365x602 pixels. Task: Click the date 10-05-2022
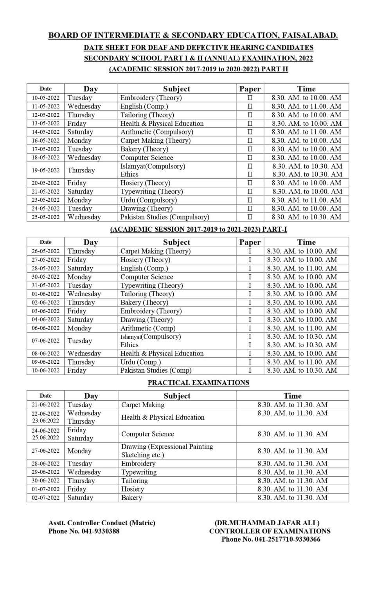[46, 98]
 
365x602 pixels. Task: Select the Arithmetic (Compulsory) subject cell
[156, 132]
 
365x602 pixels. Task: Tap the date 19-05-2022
[46, 170]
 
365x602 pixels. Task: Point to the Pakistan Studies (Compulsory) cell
[165, 217]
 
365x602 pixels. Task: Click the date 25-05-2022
[46, 217]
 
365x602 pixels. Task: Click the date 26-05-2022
[46, 251]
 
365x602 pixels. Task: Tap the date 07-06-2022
[46, 341]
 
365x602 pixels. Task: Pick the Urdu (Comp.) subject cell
[140, 362]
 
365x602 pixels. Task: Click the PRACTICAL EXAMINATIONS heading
[198, 383]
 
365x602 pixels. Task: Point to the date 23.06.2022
[46, 421]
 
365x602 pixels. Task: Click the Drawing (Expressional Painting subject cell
[167, 447]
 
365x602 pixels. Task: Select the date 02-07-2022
[46, 498]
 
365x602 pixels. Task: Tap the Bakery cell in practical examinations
[131, 498]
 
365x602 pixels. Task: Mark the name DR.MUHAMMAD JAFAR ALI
[267, 523]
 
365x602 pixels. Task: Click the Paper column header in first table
[250, 89]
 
